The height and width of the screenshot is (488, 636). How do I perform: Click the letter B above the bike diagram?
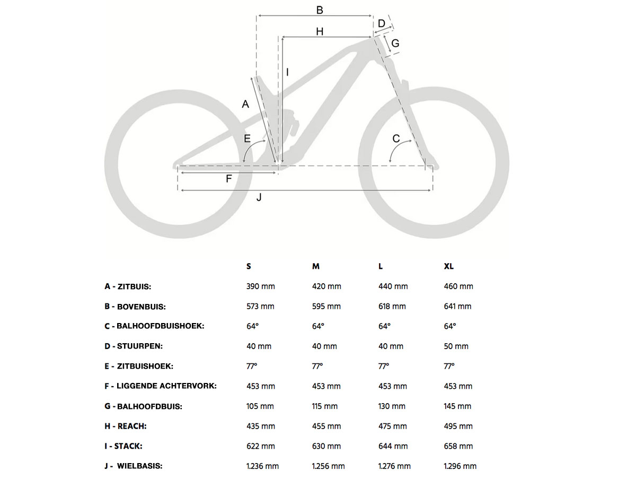click(320, 10)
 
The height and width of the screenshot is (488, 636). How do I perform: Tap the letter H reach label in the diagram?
click(320, 32)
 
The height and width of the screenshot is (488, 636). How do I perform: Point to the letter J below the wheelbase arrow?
click(259, 197)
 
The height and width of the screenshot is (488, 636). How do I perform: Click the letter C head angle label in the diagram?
click(396, 139)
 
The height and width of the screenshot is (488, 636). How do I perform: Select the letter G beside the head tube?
click(395, 43)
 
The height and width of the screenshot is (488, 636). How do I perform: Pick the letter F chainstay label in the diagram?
click(229, 179)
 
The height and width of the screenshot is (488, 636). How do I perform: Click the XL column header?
click(449, 266)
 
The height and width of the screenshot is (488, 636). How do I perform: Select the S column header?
click(249, 266)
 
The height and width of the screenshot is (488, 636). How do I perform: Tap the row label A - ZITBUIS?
click(128, 286)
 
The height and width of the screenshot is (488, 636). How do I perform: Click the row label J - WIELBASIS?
click(133, 466)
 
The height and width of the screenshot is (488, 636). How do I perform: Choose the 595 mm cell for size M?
click(326, 307)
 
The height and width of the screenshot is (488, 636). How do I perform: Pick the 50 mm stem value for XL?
click(456, 346)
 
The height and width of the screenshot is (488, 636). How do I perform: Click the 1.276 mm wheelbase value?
click(394, 466)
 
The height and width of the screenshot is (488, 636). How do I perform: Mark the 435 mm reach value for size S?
click(261, 426)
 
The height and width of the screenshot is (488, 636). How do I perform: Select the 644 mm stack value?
click(393, 446)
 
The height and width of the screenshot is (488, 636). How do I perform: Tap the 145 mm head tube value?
click(457, 406)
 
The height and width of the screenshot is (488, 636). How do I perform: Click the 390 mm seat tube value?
click(261, 286)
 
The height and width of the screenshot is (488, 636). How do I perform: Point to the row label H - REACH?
click(126, 426)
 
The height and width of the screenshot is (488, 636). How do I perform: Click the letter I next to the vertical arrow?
click(287, 72)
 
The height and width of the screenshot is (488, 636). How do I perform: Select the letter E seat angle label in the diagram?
click(247, 138)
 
